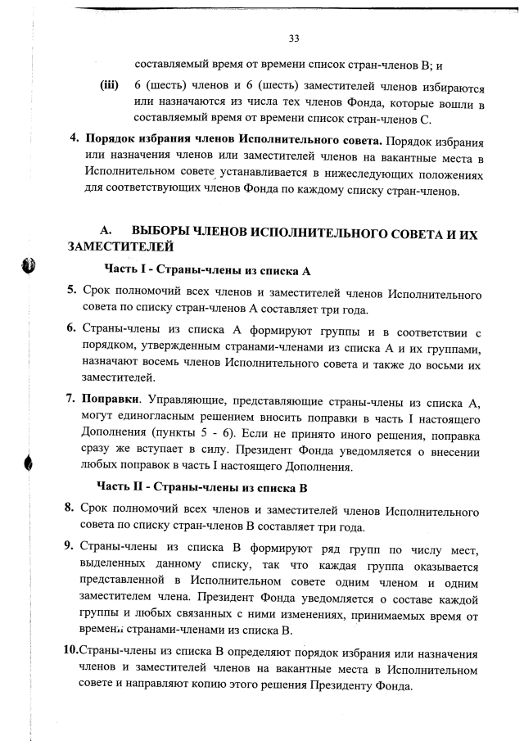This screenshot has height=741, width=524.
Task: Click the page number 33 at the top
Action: [x=294, y=37]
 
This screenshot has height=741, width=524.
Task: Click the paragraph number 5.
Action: [x=72, y=291]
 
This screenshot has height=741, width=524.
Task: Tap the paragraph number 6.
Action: [x=72, y=329]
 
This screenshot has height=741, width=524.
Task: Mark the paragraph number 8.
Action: [x=72, y=510]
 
